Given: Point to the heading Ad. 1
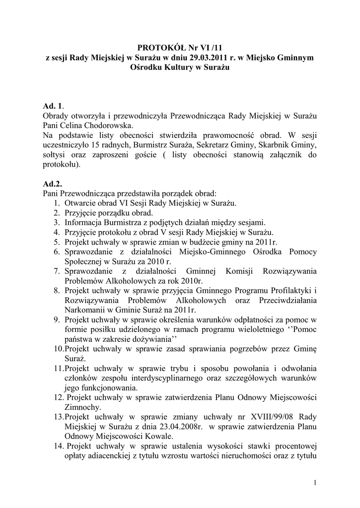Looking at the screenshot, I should [x=53, y=107].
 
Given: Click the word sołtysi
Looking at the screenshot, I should [x=57, y=154].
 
